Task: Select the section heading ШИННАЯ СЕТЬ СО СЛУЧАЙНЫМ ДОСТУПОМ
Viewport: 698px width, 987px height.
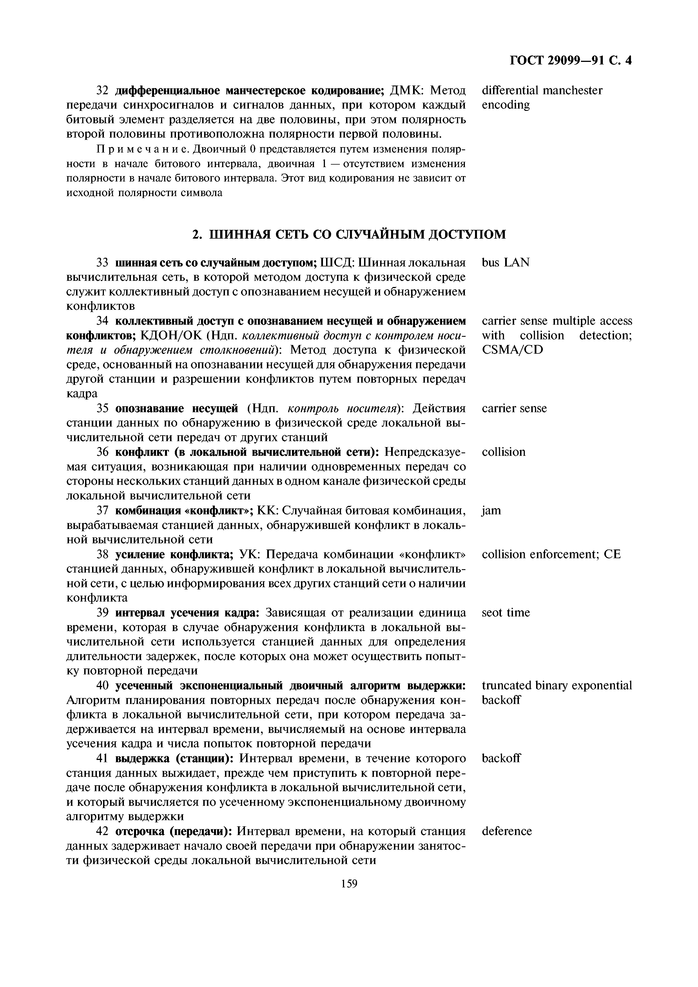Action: tap(349, 234)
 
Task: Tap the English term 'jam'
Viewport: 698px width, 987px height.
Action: tap(491, 510)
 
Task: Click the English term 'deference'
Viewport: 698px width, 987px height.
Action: tap(507, 831)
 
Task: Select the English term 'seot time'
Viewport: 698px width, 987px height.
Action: tap(506, 613)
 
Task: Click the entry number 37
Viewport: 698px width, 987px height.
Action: tap(101, 510)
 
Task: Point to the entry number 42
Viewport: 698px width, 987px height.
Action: tap(101, 831)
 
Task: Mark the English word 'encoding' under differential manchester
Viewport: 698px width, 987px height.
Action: tap(506, 105)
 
